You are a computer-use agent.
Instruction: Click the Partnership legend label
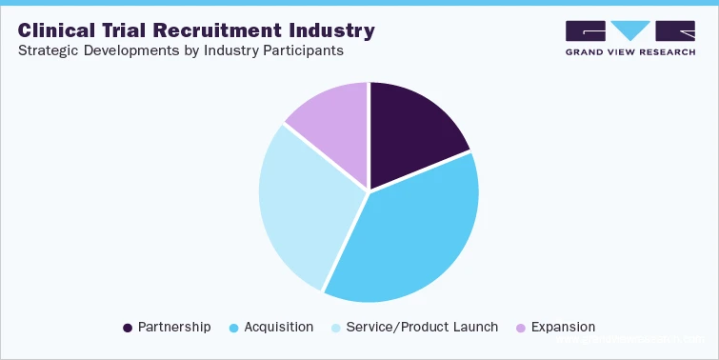click(x=174, y=327)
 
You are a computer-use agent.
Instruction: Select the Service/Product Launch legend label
click(x=422, y=327)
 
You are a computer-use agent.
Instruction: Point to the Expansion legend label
click(x=564, y=327)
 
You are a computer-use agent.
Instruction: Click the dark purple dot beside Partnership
click(x=128, y=328)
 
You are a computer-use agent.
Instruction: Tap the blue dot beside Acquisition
click(x=233, y=328)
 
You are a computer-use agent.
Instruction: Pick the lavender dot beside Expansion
click(x=520, y=328)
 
